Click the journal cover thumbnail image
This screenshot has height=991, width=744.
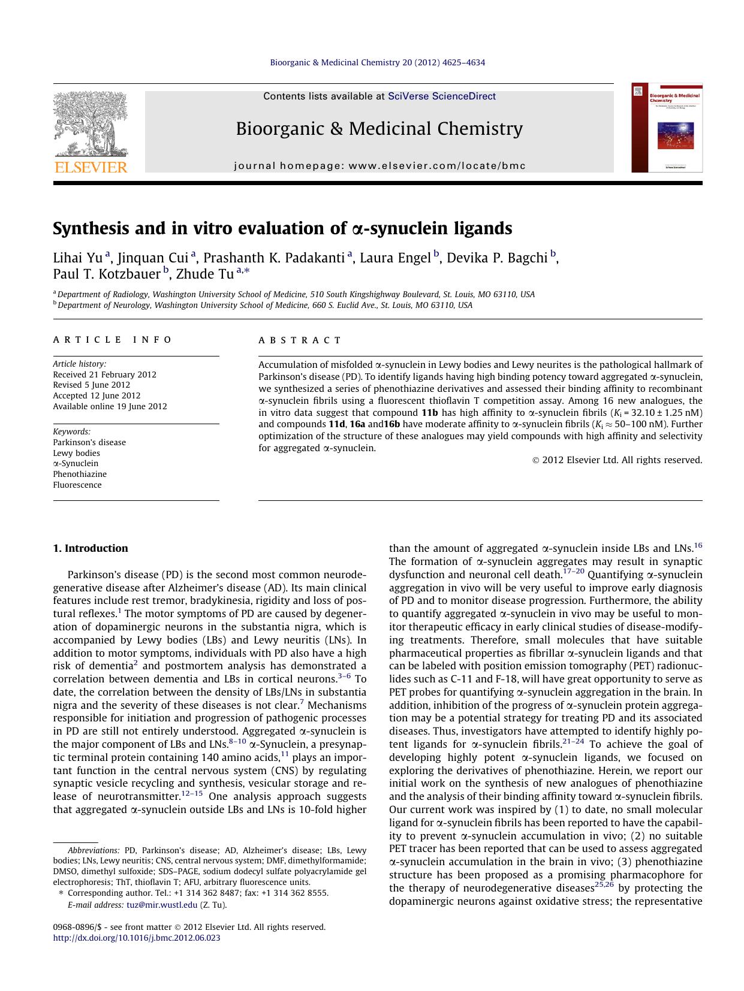tap(667, 128)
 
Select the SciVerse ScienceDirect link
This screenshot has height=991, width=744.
tap(442, 96)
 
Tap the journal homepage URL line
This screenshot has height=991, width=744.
tap(379, 165)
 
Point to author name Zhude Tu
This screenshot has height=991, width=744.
tap(204, 274)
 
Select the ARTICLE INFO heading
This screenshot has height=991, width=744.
tap(112, 340)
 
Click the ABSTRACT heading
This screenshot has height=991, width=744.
tap(300, 340)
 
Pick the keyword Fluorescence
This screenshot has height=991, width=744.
tap(77, 485)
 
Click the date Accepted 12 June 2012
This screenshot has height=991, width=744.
tap(97, 395)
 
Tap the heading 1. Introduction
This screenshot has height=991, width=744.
tap(91, 548)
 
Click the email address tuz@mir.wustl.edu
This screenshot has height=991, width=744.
tap(162, 905)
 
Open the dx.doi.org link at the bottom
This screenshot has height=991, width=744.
tap(137, 938)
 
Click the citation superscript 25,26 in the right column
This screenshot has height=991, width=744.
tap(604, 885)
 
